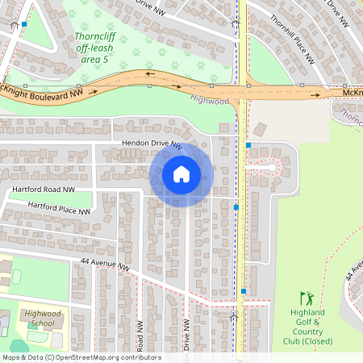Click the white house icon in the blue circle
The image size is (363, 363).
point(181,174)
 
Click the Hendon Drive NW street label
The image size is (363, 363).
point(152,143)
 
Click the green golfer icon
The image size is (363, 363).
point(305,298)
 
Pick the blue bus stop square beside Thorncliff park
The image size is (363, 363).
point(24,24)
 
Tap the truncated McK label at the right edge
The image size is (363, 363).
point(353,94)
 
